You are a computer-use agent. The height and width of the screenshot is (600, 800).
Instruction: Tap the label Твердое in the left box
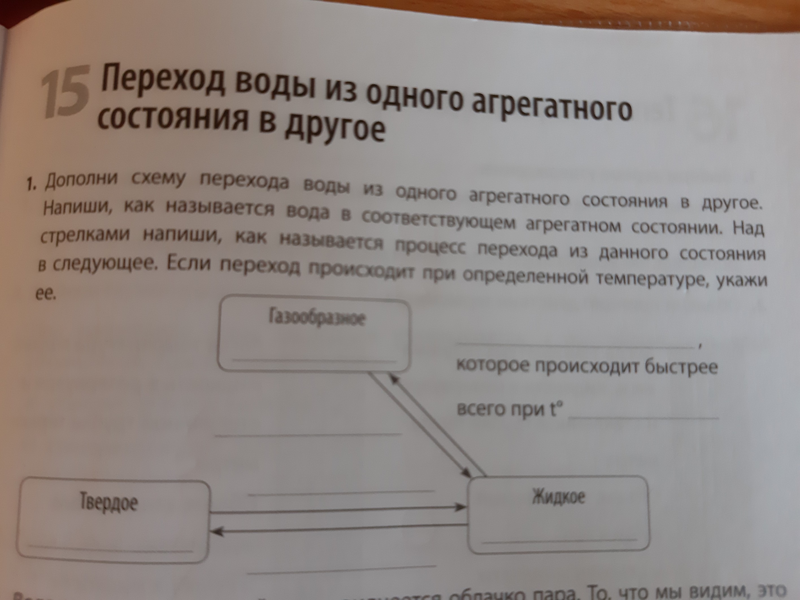coord(108,503)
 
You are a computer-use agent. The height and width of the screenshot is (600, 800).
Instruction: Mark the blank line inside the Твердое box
coord(110,549)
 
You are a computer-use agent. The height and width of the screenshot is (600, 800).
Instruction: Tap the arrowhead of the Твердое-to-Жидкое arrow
coord(461,507)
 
